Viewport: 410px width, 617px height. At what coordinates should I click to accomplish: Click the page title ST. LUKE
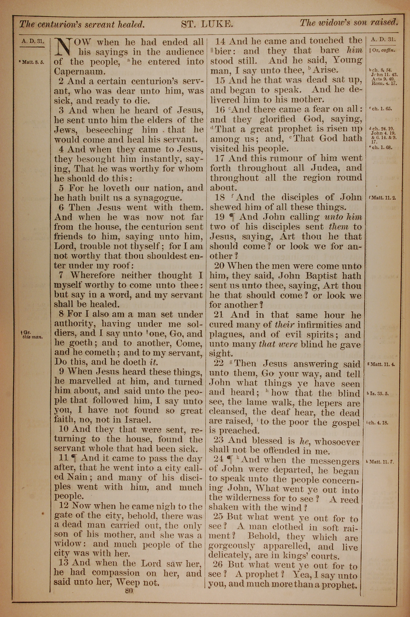207,24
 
